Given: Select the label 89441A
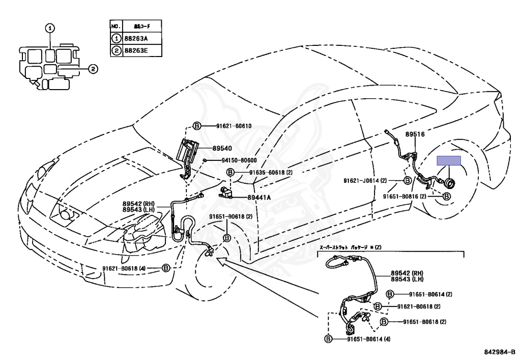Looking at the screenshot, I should [259, 198].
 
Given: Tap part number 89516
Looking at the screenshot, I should [415, 134].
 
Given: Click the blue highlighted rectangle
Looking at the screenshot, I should [449, 161].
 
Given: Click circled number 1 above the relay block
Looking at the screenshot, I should [50, 29].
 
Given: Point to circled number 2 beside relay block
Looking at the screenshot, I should [93, 68].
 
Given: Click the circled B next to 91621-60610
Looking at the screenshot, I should [197, 126].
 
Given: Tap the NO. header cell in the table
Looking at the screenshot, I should [115, 25].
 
